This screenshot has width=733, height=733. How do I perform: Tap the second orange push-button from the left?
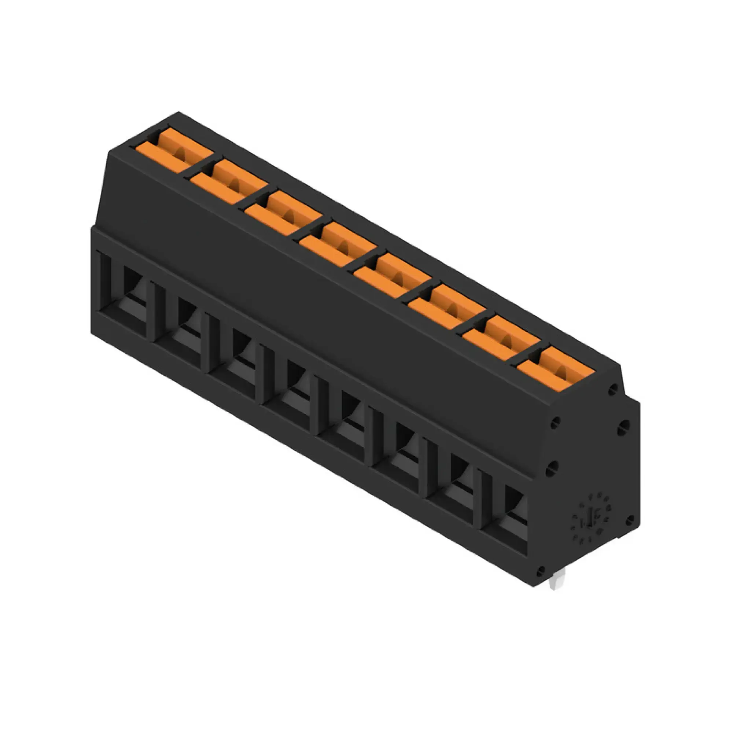point(228,183)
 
